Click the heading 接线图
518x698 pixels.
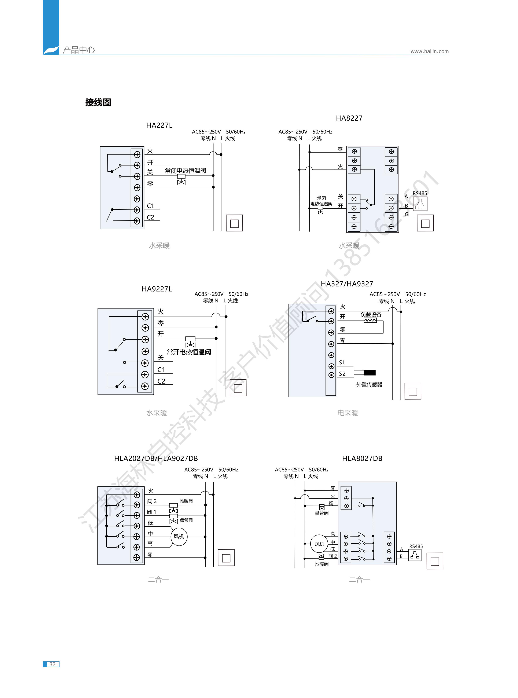pyautogui.click(x=98, y=103)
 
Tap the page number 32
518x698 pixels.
pyautogui.click(x=52, y=664)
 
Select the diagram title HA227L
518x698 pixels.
pyautogui.click(x=159, y=125)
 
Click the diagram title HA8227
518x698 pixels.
pyautogui.click(x=349, y=118)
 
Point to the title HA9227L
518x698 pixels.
pyautogui.click(x=157, y=289)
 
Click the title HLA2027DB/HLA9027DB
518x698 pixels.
pyautogui.click(x=156, y=458)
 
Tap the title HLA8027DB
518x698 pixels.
pyautogui.click(x=362, y=458)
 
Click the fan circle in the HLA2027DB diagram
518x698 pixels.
pyautogui.click(x=179, y=537)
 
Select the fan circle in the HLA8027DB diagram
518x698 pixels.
pyautogui.click(x=319, y=544)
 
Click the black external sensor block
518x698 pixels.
pyautogui.click(x=369, y=373)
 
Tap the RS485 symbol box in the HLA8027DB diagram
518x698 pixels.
pyautogui.click(x=415, y=555)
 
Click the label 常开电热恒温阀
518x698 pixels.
pyautogui.click(x=189, y=352)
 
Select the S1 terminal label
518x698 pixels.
pyautogui.click(x=342, y=362)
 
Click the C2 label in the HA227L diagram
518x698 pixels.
pyautogui.click(x=151, y=217)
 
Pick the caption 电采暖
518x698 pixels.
pyautogui.click(x=348, y=413)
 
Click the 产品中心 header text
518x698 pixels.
pyautogui.click(x=79, y=50)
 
